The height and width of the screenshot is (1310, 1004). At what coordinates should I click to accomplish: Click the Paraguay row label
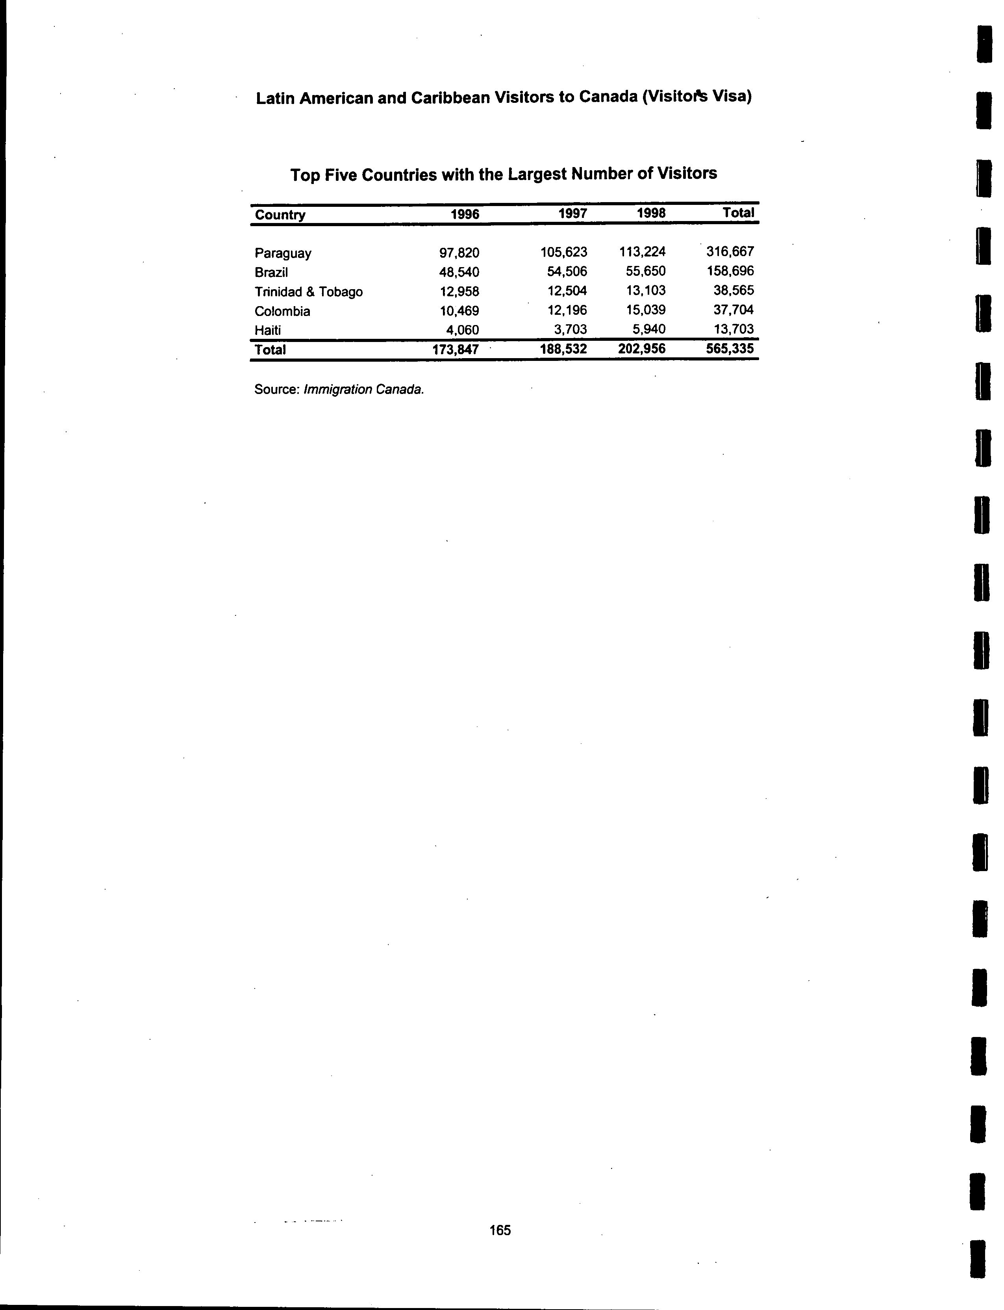click(x=283, y=253)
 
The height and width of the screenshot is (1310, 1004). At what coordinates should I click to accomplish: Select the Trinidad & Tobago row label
click(x=308, y=292)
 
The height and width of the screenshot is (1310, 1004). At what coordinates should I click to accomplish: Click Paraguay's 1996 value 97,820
click(x=459, y=253)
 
